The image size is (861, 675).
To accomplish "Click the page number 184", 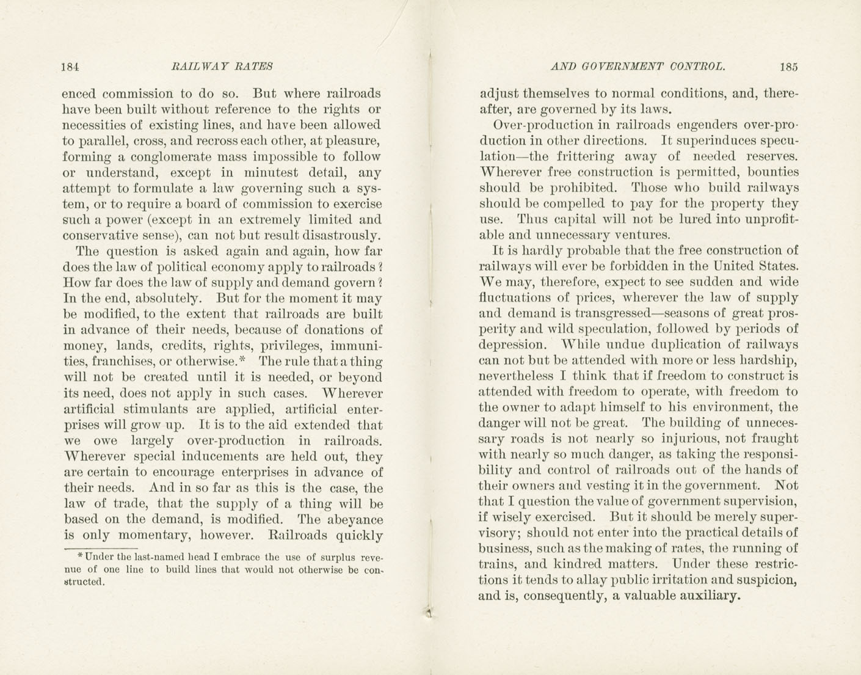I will click(71, 67).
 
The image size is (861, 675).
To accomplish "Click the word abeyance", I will click(354, 520).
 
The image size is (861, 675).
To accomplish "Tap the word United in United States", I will click(732, 266).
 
